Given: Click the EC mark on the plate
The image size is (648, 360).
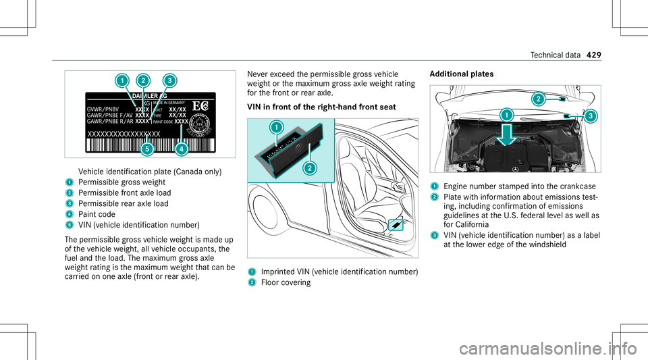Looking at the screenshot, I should click(x=200, y=105).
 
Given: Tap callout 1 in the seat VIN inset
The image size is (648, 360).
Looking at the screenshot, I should click(x=276, y=126).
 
